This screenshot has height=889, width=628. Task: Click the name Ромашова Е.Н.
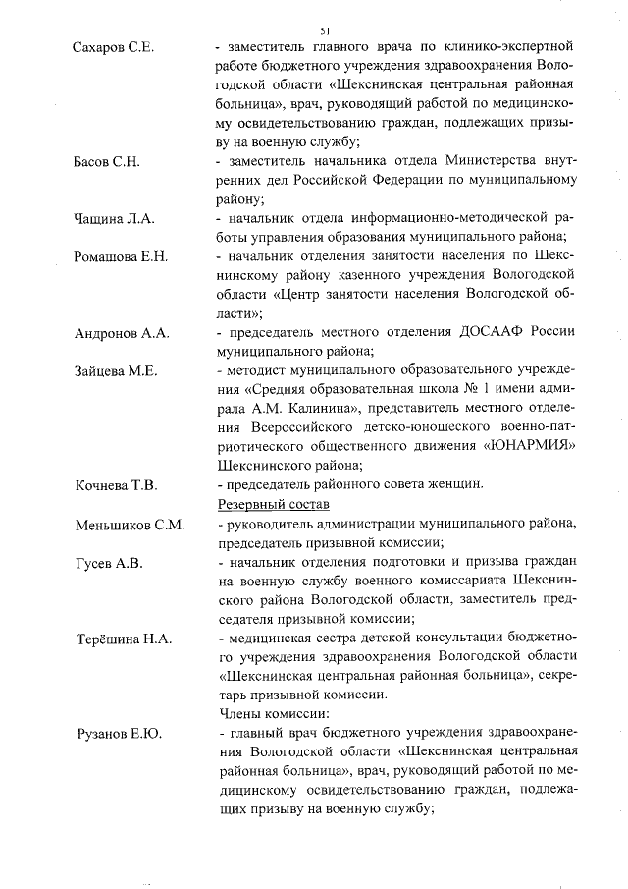tap(122, 257)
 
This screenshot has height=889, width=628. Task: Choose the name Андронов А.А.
tap(122, 334)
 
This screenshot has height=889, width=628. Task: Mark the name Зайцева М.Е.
tap(116, 371)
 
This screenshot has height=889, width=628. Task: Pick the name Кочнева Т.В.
tap(116, 486)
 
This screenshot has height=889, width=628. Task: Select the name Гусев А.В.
tap(109, 563)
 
